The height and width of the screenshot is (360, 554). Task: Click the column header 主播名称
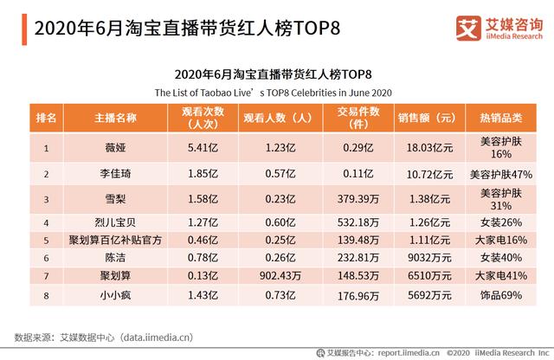(109, 118)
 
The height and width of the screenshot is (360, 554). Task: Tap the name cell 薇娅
(109, 148)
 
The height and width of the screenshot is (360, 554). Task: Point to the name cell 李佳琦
(109, 174)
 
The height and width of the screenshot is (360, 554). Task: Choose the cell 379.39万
(358, 200)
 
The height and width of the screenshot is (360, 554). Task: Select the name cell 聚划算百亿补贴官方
(109, 238)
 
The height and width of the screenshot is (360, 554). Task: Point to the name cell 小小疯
(109, 294)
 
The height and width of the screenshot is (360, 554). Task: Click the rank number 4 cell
(45, 222)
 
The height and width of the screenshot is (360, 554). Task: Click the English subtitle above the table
(275, 91)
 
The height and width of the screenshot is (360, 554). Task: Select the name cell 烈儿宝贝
(109, 222)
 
